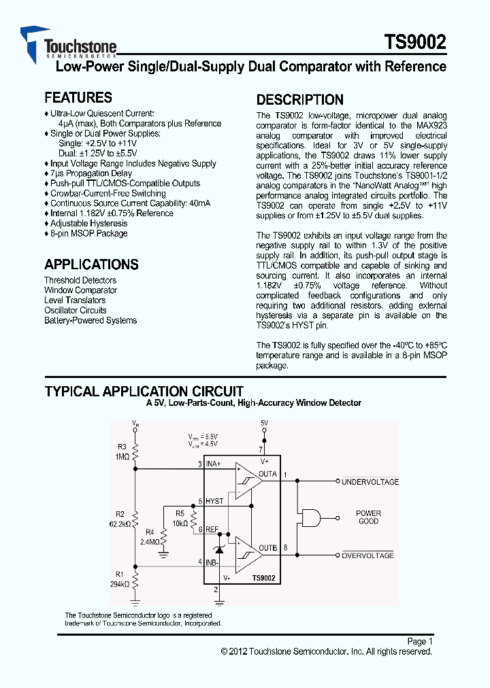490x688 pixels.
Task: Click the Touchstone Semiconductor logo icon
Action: pyautogui.click(x=33, y=42)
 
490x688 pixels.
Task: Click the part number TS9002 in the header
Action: pyautogui.click(x=415, y=43)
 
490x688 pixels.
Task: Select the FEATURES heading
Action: pyautogui.click(x=78, y=98)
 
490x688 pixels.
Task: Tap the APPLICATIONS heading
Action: pyautogui.click(x=91, y=265)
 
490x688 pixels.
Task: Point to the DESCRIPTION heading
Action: pyautogui.click(x=300, y=100)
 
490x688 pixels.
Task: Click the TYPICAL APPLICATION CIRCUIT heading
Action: pyautogui.click(x=144, y=392)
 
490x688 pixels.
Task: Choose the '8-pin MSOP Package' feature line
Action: pyautogui.click(x=88, y=233)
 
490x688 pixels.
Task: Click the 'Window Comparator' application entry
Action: pyautogui.click(x=80, y=290)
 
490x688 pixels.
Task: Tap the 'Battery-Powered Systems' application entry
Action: pyautogui.click(x=91, y=320)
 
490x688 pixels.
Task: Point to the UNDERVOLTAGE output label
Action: pyautogui.click(x=370, y=482)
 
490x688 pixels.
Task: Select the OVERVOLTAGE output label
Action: pyautogui.click(x=367, y=555)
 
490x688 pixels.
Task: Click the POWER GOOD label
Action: pyautogui.click(x=368, y=517)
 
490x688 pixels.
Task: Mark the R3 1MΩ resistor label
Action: pyautogui.click(x=122, y=452)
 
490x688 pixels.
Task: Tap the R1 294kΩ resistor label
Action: pyautogui.click(x=119, y=579)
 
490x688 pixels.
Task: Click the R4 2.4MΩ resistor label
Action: pyautogui.click(x=150, y=537)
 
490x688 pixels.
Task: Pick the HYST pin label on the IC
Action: pyautogui.click(x=214, y=501)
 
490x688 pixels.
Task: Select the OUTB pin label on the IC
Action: pyautogui.click(x=268, y=548)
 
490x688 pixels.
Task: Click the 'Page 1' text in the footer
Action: pyautogui.click(x=419, y=641)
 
